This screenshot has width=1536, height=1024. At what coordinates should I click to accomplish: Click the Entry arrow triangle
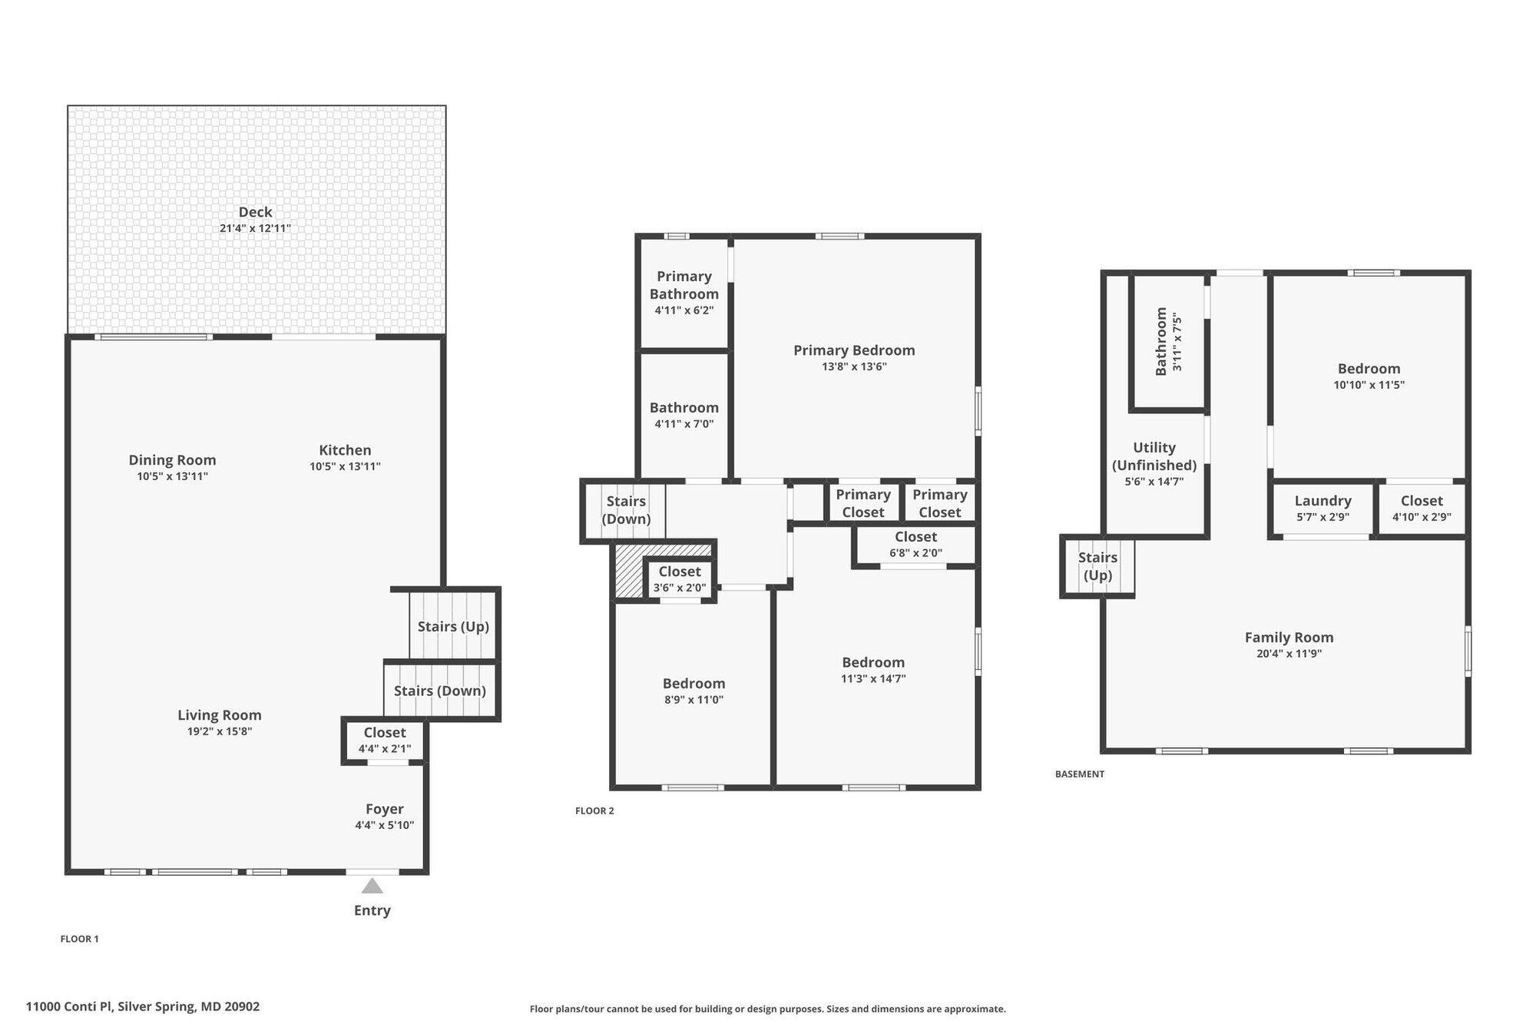pyautogui.click(x=372, y=886)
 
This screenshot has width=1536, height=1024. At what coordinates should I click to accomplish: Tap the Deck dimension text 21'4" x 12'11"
pyautogui.click(x=255, y=228)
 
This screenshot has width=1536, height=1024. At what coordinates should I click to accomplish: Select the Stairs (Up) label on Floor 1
pyautogui.click(x=453, y=626)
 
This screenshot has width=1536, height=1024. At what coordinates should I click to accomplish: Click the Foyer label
pyautogui.click(x=384, y=809)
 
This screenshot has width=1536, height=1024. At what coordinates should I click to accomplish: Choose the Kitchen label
pyautogui.click(x=345, y=450)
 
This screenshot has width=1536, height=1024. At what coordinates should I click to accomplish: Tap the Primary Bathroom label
pyautogui.click(x=684, y=285)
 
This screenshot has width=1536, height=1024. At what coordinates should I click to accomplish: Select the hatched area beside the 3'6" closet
pyautogui.click(x=628, y=572)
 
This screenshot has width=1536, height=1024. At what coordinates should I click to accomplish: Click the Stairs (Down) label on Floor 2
pyautogui.click(x=626, y=510)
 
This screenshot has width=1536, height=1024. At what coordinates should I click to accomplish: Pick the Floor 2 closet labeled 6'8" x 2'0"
pyautogui.click(x=915, y=545)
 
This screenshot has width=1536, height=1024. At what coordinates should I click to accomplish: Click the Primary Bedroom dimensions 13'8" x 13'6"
pyautogui.click(x=854, y=366)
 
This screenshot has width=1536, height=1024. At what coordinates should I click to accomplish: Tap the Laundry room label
pyautogui.click(x=1322, y=501)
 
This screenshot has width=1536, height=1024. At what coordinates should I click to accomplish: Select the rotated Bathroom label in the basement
pyautogui.click(x=1161, y=341)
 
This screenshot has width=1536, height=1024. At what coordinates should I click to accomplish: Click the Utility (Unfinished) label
pyautogui.click(x=1154, y=456)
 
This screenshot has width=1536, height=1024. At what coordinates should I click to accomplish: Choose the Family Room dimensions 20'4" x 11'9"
pyautogui.click(x=1289, y=654)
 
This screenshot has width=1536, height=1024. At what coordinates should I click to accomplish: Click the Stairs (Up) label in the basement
pyautogui.click(x=1097, y=566)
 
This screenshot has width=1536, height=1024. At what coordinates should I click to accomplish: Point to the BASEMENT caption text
pyautogui.click(x=1079, y=774)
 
